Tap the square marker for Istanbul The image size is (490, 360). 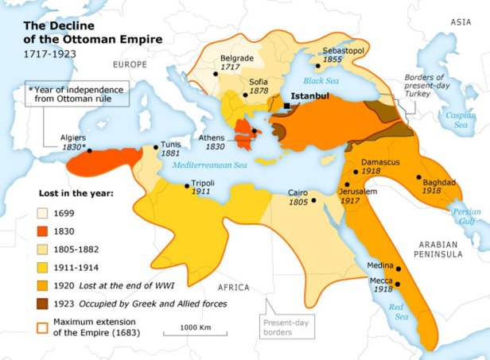click(x=286, y=105)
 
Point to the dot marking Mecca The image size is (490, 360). click(x=399, y=284)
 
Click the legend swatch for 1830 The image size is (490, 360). click(x=43, y=230)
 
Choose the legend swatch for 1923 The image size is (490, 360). click(x=43, y=304)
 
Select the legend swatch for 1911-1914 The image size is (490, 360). click(x=43, y=267)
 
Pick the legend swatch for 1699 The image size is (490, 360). click(x=43, y=212)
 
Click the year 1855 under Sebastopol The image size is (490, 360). click(x=332, y=59)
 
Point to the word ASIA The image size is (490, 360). click(x=461, y=22)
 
